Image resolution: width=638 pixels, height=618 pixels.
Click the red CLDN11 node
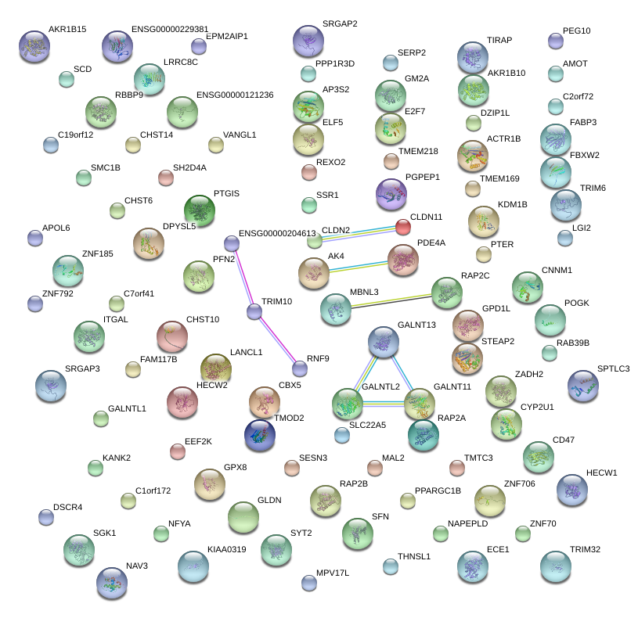pyautogui.click(x=402, y=227)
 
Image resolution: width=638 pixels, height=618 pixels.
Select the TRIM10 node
pyautogui.click(x=254, y=312)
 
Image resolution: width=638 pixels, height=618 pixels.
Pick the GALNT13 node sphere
pyautogui.click(x=383, y=341)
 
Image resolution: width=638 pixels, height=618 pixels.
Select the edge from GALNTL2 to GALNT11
pyautogui.click(x=380, y=403)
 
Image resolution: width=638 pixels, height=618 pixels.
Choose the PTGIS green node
pyautogui.click(x=200, y=210)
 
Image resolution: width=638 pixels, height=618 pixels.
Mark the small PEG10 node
pyautogui.click(x=555, y=41)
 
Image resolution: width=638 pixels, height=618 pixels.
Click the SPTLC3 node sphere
pyautogui.click(x=582, y=385)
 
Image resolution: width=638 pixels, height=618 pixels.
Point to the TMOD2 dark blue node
pyautogui.click(x=259, y=436)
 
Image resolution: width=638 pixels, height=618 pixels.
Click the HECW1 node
pyautogui.click(x=571, y=489)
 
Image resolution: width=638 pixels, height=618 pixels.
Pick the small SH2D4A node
pyautogui.click(x=165, y=178)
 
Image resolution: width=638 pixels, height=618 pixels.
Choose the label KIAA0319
pyautogui.click(x=227, y=549)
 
